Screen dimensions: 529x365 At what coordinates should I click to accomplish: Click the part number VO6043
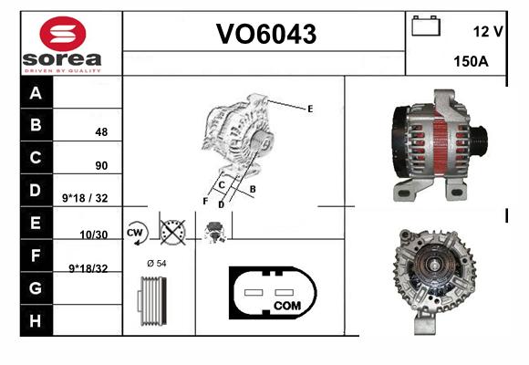coord(266,34)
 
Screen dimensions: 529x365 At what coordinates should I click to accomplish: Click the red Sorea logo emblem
coord(63,34)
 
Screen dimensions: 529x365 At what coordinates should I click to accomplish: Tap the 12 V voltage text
coord(488,32)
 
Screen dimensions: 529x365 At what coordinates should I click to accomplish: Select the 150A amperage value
coord(471,61)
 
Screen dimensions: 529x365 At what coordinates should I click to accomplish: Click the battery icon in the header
coord(426,26)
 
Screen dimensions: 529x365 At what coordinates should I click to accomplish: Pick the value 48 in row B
coord(101,131)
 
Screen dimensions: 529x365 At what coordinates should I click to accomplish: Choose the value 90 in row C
coord(101,165)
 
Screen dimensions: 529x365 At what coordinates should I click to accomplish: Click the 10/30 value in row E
coord(93,235)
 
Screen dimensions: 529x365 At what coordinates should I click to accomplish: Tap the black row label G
coord(36,288)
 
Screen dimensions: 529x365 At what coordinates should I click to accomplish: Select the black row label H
coord(36,320)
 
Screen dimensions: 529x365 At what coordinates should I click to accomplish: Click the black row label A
coord(36,92)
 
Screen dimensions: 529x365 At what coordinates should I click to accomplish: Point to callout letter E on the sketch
coord(310,109)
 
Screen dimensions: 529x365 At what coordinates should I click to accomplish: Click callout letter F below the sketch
coord(205,202)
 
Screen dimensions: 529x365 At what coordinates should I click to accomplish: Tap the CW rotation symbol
coord(136,233)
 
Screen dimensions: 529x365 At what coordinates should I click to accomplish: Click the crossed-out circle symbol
coord(172,233)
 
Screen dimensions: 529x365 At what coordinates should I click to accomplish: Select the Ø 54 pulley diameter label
coord(157,263)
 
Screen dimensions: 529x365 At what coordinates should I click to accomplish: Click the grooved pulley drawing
coord(152,301)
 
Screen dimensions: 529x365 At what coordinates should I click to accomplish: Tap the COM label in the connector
coord(287,306)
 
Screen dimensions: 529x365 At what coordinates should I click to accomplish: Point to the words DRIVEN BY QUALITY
coord(63,70)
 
